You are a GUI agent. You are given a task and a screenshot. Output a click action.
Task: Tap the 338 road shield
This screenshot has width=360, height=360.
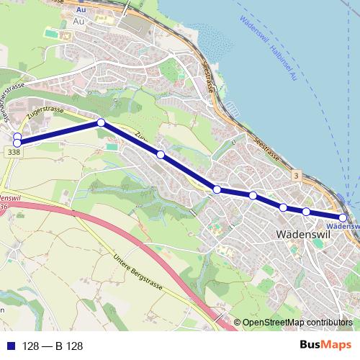point(12,153)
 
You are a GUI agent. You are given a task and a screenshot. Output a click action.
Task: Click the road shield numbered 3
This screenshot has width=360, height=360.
point(296,175)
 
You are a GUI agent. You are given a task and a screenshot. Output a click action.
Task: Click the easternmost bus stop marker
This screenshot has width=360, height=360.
point(343,217)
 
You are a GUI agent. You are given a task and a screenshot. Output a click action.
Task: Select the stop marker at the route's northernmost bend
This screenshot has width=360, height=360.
point(102,123)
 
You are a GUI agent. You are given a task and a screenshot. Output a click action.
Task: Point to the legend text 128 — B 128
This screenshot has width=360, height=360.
point(53,346)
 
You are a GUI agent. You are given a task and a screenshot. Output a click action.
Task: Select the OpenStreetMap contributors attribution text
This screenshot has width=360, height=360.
point(297,323)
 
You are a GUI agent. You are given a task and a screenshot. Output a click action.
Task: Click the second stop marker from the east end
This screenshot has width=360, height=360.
point(306,212)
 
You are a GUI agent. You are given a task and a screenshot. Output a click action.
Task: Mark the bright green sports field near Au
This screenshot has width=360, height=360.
point(49,34)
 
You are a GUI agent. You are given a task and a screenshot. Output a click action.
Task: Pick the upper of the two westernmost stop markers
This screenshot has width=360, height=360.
point(17,136)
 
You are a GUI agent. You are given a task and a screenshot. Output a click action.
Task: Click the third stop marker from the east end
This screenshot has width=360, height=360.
point(284,207)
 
